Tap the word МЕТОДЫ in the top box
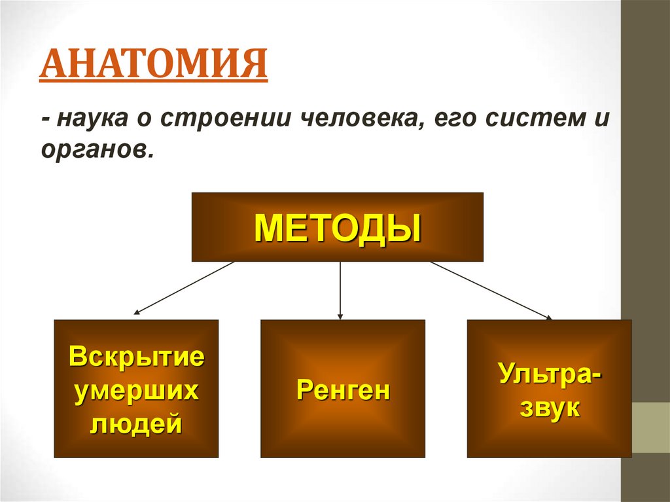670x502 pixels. coord(337,227)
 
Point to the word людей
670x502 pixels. coord(136,425)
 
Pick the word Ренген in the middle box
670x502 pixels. coord(343,391)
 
